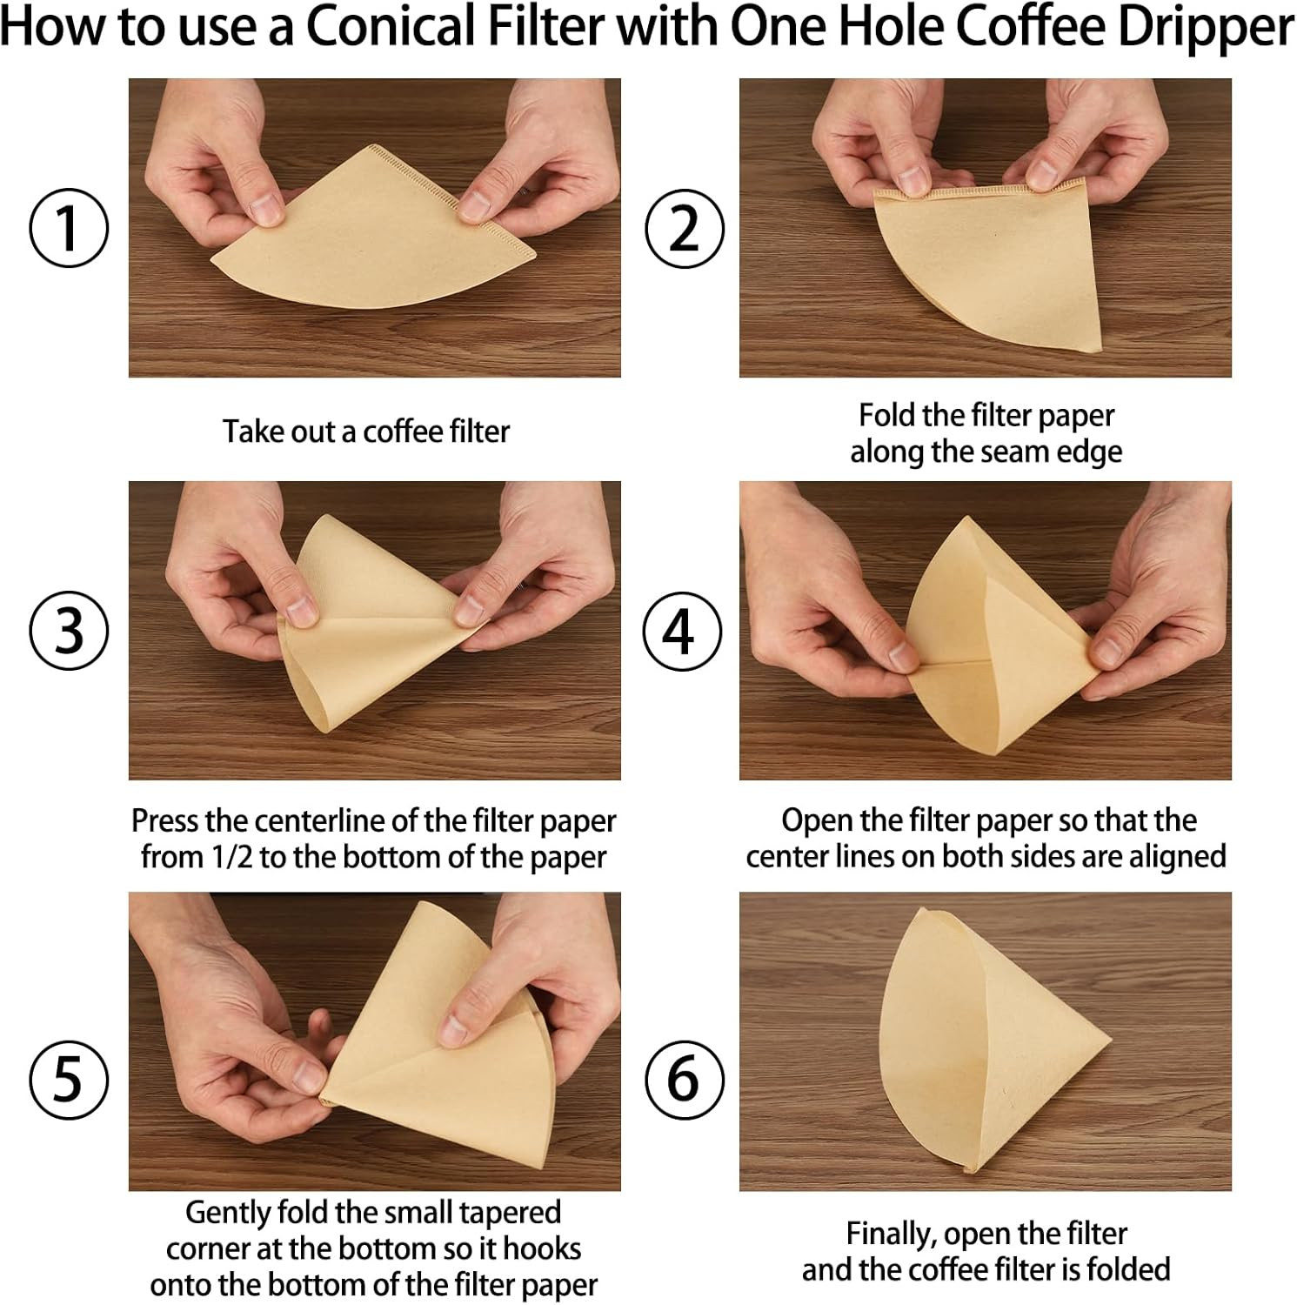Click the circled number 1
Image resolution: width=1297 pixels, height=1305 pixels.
(x=69, y=228)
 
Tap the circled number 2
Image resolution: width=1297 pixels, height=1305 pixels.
(x=684, y=228)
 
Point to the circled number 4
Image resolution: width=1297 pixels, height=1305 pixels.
(x=684, y=631)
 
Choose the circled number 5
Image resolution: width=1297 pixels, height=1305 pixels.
(x=69, y=1080)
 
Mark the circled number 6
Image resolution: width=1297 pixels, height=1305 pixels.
(x=684, y=1080)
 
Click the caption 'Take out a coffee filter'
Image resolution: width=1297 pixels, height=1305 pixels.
(x=365, y=432)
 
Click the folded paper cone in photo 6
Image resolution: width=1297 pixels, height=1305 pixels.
(x=983, y=1044)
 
